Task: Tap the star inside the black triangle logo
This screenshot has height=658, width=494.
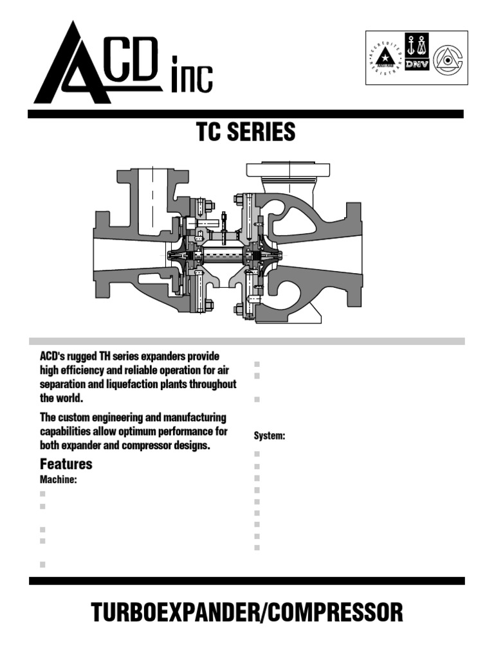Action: point(386,58)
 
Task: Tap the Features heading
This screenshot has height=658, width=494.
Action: point(66,464)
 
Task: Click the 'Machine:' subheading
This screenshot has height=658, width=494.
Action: point(59,479)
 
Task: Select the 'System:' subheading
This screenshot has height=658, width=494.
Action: point(270,436)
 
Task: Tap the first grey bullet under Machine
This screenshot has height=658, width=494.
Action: point(43,494)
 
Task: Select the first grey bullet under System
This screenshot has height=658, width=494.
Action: point(257,454)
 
